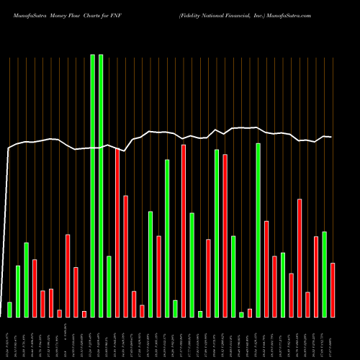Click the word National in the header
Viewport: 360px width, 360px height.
219,14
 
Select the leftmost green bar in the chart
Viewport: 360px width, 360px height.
9,310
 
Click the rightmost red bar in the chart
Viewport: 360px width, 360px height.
333,289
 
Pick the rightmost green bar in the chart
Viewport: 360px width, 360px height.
324,274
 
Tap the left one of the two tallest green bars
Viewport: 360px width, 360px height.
92,185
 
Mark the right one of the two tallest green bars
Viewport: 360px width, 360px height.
101,185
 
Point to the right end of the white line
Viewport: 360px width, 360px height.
332,137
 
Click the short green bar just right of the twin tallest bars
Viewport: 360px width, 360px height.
109,286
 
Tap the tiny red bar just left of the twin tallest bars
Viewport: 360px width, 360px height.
84,314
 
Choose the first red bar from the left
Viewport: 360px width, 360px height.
35,288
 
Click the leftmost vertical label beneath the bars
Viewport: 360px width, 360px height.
9,338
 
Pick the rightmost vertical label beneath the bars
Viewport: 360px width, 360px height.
333,338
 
